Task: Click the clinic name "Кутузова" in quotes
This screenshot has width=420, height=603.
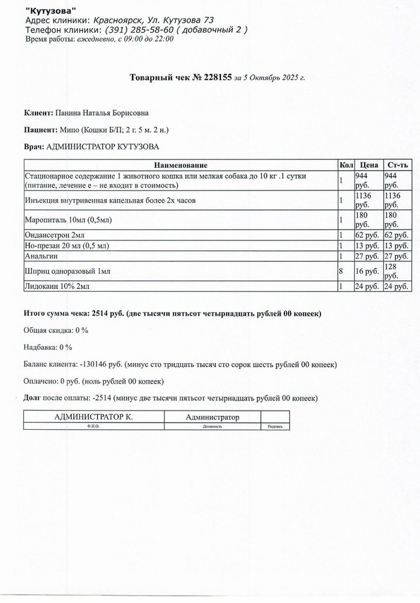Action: [x=51, y=11]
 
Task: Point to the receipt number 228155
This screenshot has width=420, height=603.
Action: [x=215, y=78]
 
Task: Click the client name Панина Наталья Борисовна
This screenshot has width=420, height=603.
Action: [x=102, y=113]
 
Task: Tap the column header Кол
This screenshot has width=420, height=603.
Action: [x=346, y=165]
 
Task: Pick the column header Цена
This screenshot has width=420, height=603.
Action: [x=368, y=165]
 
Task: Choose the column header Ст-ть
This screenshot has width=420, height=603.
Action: [x=397, y=165]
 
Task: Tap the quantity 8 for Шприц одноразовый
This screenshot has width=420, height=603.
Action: [x=341, y=272]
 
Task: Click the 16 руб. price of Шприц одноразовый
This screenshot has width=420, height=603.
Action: [x=367, y=272]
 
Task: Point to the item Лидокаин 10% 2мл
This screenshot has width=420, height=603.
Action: [x=56, y=287]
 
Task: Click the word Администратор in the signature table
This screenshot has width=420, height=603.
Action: [x=212, y=417]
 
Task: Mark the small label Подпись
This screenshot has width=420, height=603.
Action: [x=274, y=427]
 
